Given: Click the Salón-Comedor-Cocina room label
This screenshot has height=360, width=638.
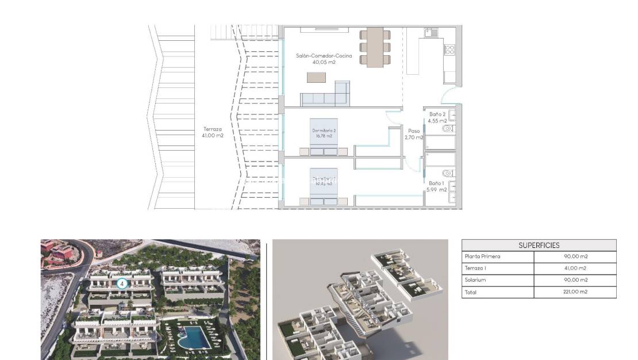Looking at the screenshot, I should pyautogui.click(x=324, y=56).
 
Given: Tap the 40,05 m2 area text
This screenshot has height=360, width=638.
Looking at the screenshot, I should pyautogui.click(x=324, y=63).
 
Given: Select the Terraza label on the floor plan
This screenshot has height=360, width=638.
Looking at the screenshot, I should pyautogui.click(x=212, y=129).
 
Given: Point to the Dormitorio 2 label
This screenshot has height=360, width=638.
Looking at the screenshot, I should pyautogui.click(x=324, y=131).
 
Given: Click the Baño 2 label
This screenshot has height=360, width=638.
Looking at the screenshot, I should pyautogui.click(x=437, y=114).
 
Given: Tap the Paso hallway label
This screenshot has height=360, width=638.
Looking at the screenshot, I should pyautogui.click(x=414, y=131).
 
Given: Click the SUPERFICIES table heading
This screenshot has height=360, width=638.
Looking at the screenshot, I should pyautogui.click(x=539, y=245).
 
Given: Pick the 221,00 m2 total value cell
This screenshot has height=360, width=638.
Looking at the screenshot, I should pyautogui.click(x=575, y=292).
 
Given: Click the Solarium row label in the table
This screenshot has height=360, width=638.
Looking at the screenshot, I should pyautogui.click(x=475, y=280).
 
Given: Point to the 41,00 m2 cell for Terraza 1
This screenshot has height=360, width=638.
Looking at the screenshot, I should pyautogui.click(x=575, y=269).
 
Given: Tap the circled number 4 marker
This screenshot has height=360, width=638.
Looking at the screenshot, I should pyautogui.click(x=121, y=284).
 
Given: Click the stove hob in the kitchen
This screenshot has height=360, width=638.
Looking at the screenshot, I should pyautogui.click(x=449, y=49).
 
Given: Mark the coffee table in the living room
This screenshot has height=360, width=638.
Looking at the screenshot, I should pyautogui.click(x=316, y=77).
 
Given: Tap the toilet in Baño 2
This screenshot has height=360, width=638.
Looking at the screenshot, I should pyautogui.click(x=448, y=129).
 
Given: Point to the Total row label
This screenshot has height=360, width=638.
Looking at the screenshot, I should pyautogui.click(x=471, y=292).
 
